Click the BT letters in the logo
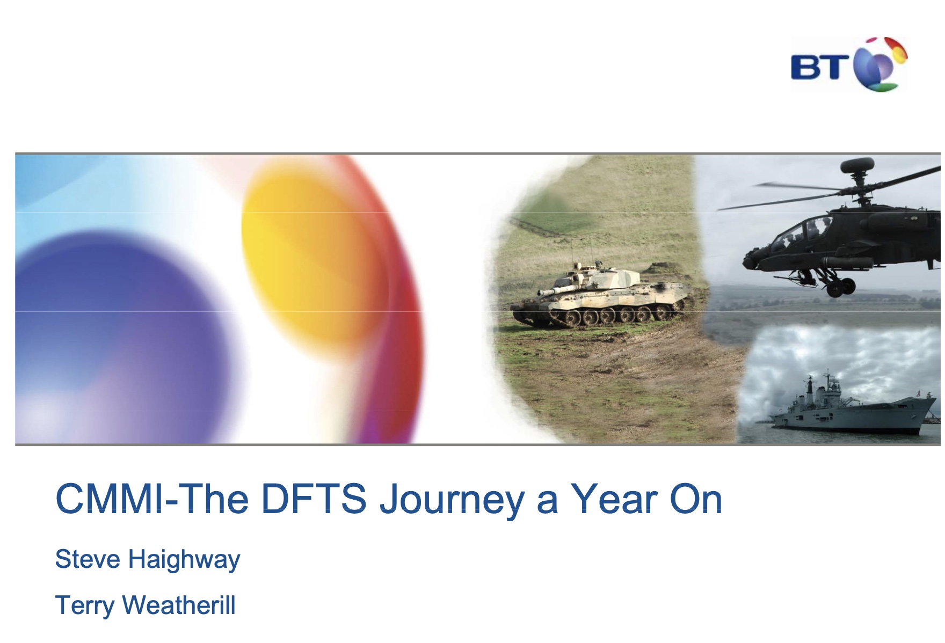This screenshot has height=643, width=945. coord(820,67)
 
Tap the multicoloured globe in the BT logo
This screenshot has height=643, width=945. coord(881,64)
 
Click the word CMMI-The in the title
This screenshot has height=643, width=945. coord(152,499)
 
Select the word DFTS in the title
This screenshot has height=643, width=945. coord(314,499)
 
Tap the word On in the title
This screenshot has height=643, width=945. coord(695,499)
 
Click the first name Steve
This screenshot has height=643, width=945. coord(88,559)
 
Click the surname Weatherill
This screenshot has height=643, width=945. coord(179,605)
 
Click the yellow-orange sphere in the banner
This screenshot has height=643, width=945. coord(317,252)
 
